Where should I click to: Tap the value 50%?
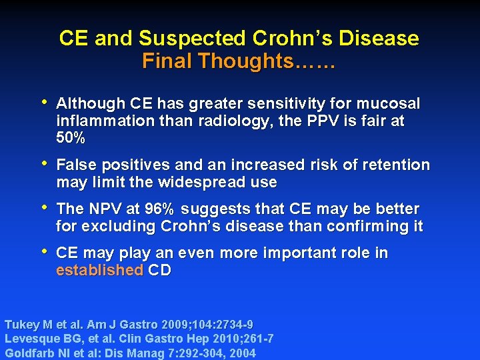click(71, 139)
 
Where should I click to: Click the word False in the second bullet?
click(76, 165)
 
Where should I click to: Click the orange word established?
click(99, 270)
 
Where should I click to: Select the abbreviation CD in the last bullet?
click(159, 270)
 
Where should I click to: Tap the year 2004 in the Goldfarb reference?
click(241, 353)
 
